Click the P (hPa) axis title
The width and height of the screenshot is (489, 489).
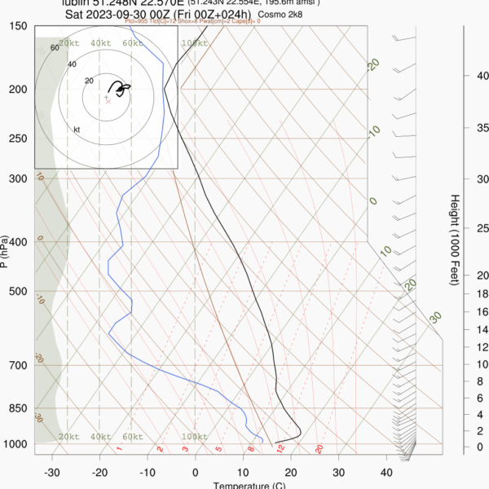6,252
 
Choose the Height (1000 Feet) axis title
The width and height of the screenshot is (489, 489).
454,240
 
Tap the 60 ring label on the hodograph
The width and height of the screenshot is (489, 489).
55,48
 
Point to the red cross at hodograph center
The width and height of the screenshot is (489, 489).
107,99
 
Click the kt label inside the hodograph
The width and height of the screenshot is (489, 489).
77,130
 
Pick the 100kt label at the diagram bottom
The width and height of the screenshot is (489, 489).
194,438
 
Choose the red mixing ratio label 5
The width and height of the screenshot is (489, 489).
219,449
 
